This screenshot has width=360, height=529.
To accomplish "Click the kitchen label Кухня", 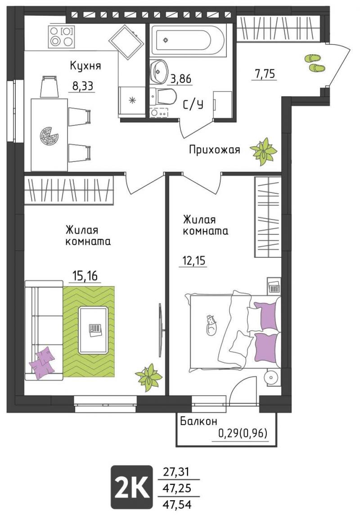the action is [x=85, y=66].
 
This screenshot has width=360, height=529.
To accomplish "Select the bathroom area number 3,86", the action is [x=181, y=79].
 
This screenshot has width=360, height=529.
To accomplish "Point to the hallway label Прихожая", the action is [x=214, y=149].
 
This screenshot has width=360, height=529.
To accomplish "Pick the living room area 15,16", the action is [x=85, y=276].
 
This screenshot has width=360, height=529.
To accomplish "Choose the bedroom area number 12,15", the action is [x=194, y=260].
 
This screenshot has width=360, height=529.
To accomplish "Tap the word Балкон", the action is [x=198, y=421].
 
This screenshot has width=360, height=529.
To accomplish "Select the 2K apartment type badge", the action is [x=131, y=487].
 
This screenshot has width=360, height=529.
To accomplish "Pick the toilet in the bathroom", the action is [x=163, y=96].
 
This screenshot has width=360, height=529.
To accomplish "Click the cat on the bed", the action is [x=211, y=325].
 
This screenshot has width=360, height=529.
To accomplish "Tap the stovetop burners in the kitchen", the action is [x=61, y=36].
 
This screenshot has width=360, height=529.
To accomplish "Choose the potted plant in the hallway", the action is [x=264, y=151].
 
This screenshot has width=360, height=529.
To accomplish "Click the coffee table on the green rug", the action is [x=94, y=330].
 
